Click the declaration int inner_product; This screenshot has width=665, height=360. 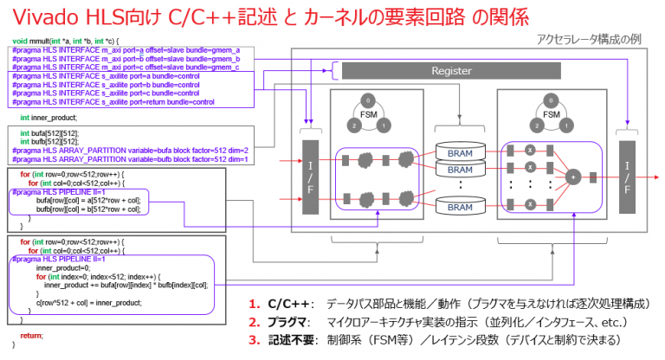pos(48,117)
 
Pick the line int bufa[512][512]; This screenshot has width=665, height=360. pos(51,132)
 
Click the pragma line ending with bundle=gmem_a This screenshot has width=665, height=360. pos(126,50)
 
